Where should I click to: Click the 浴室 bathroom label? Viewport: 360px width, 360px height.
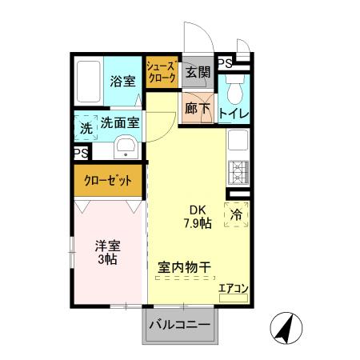click(x=124, y=81)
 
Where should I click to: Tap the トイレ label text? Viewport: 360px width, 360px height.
click(x=234, y=114)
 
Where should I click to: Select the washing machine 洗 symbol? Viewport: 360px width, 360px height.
click(x=84, y=126)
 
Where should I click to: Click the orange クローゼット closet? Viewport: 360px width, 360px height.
click(x=109, y=180)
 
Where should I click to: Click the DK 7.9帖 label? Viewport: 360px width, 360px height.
click(x=196, y=218)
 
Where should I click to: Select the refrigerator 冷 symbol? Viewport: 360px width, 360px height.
click(x=237, y=214)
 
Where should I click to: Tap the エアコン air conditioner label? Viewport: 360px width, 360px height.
click(x=232, y=290)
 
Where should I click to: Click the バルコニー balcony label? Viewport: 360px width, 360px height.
click(x=182, y=326)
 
